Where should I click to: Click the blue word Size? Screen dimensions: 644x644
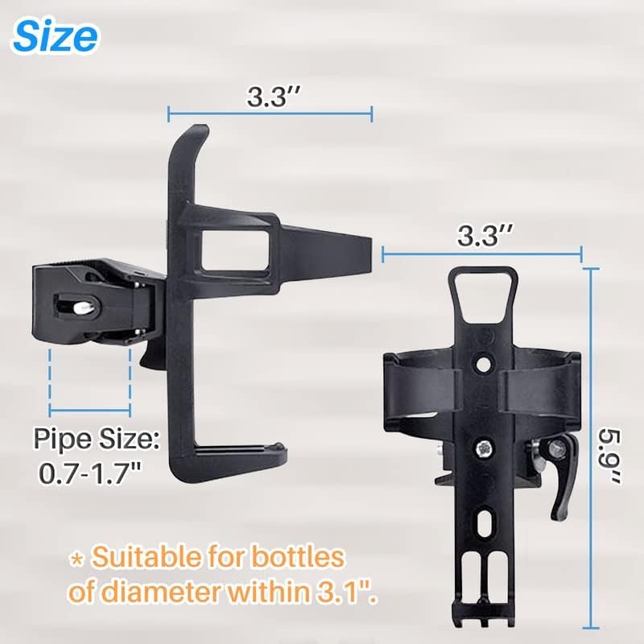tap(56, 36)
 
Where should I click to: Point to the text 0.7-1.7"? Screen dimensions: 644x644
tap(90, 473)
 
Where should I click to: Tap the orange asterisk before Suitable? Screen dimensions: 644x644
tap(76, 559)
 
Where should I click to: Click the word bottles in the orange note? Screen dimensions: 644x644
tap(298, 557)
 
